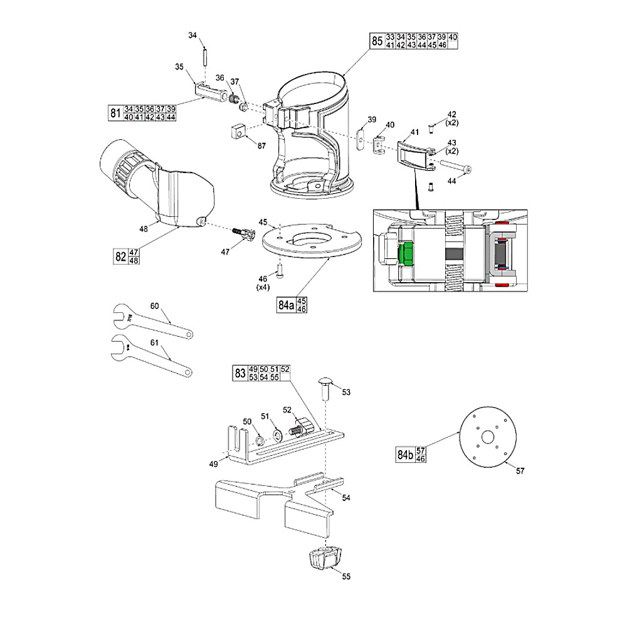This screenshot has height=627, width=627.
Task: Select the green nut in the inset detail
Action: coord(404,253)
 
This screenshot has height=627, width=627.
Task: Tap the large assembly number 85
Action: coord(377,41)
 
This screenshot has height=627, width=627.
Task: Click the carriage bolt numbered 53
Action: coord(325,389)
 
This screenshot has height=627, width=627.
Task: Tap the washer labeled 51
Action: coord(277,435)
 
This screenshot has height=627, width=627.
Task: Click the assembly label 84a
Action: coord(285,305)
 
